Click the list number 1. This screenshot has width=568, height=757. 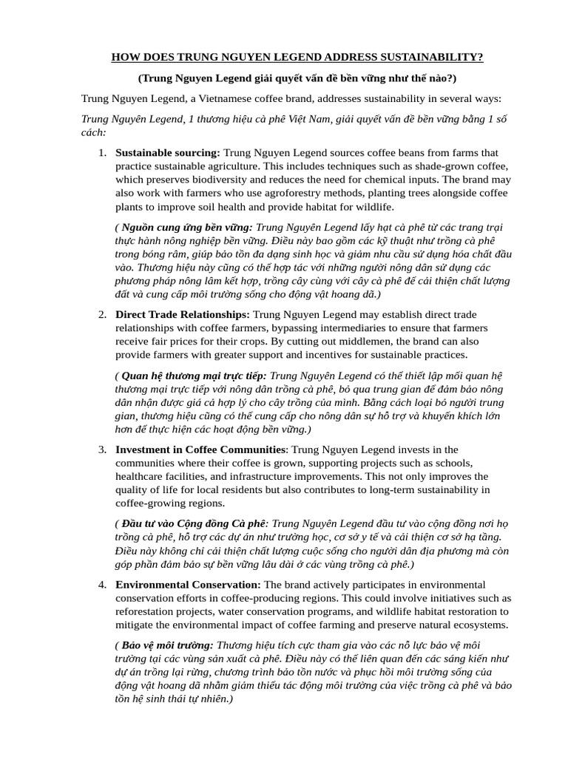tap(103, 152)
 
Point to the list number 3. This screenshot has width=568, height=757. tap(103, 449)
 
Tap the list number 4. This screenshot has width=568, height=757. tap(103, 584)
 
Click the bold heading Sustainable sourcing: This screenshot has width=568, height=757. tap(168, 152)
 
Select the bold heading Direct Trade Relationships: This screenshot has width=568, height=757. tap(183, 314)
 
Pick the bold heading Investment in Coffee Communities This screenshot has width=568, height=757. tap(200, 449)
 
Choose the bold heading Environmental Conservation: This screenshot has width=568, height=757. tap(188, 584)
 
